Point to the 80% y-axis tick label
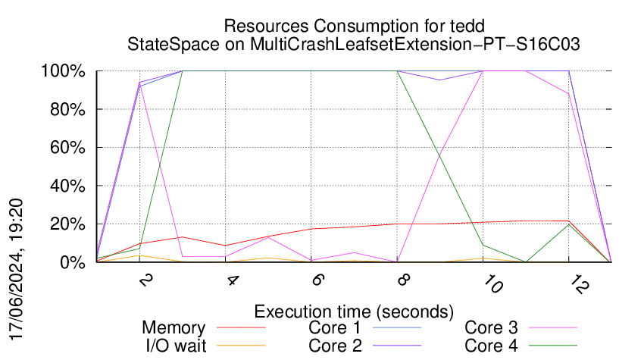pos(67,109)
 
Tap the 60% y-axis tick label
pos(67,148)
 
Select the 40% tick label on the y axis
pos(67,186)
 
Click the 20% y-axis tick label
pos(67,224)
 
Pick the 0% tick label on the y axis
pos(71,262)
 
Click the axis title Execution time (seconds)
pos(354,311)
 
